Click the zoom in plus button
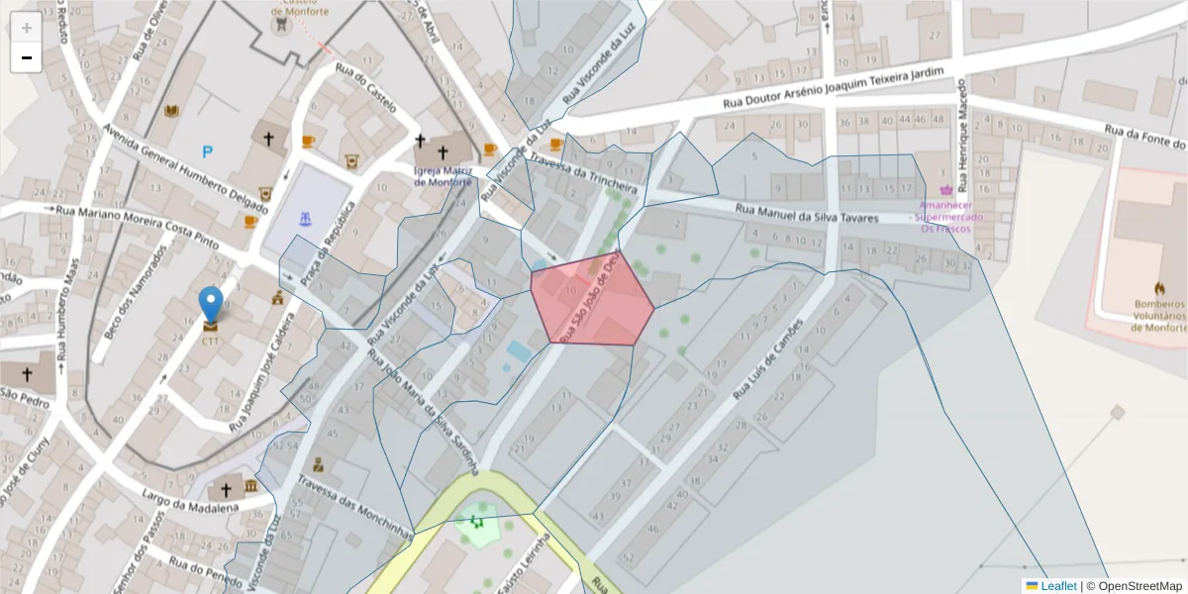[x=26, y=28]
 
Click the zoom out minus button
[x=26, y=57]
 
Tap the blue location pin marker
[x=210, y=304]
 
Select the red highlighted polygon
[x=591, y=299]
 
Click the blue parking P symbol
[x=207, y=151]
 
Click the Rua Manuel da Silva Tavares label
[x=806, y=212]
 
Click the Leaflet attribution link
[x=1056, y=586]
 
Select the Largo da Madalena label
[x=191, y=500]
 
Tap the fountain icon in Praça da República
[x=305, y=217]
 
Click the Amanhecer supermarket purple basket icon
[x=945, y=188]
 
